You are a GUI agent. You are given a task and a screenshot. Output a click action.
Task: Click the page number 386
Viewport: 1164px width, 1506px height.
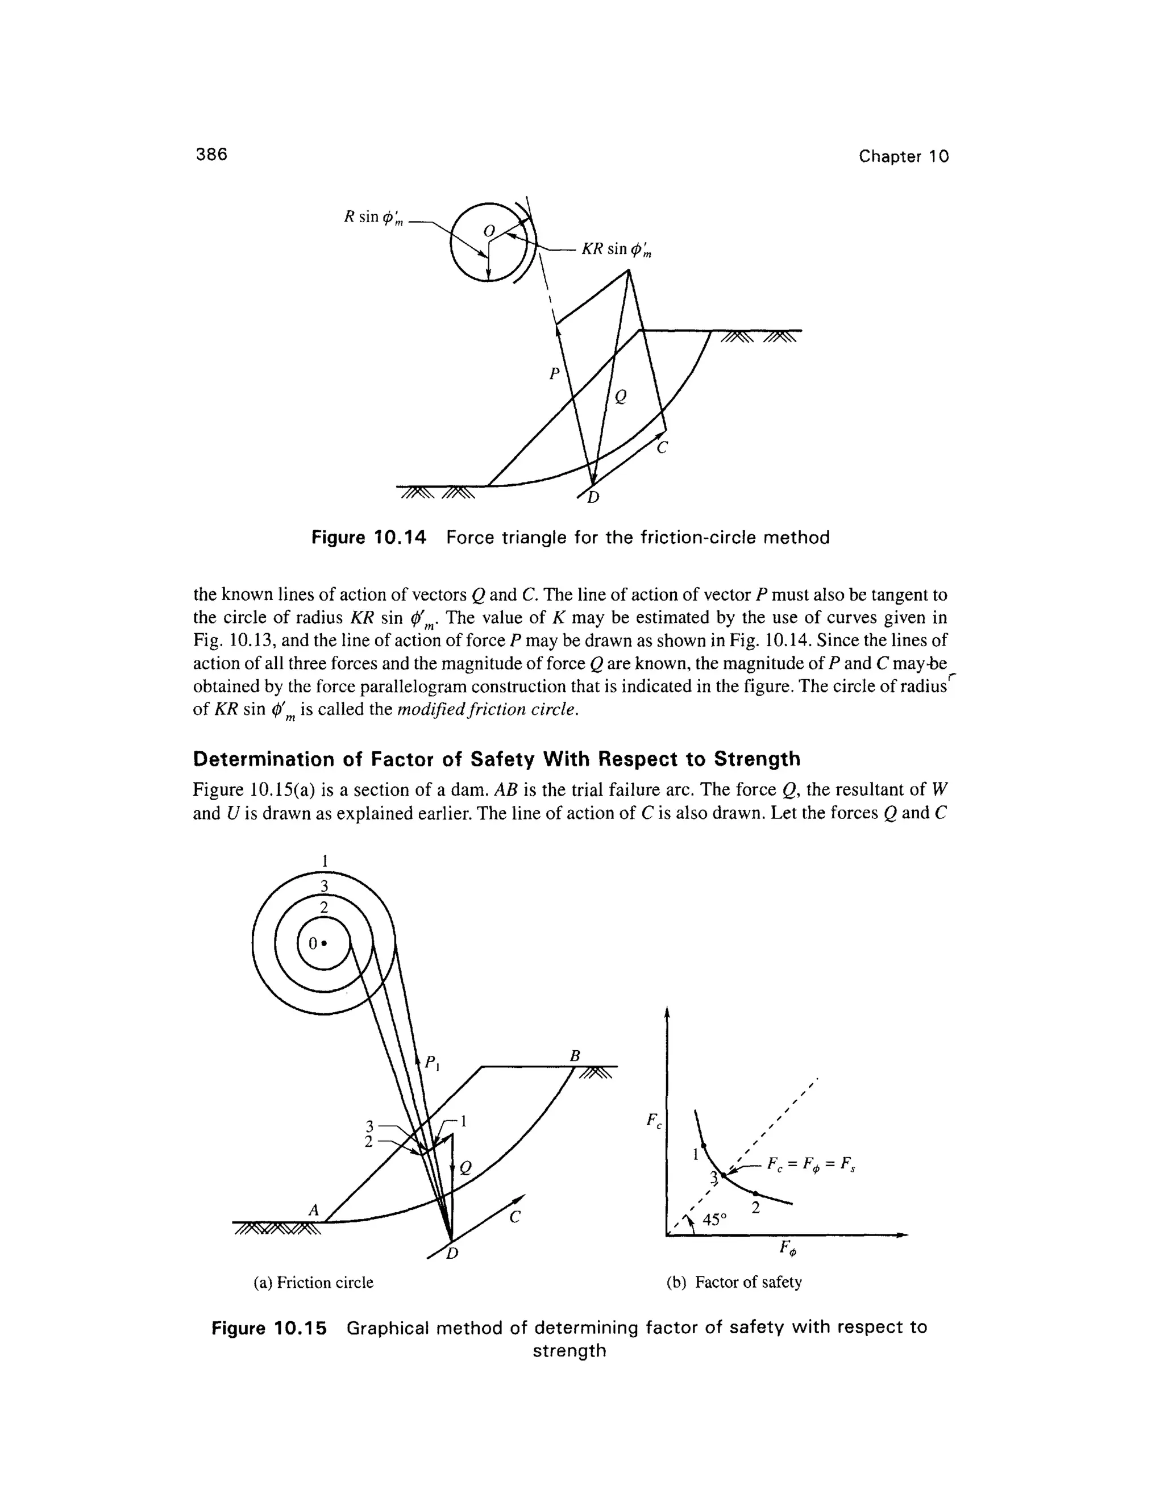coord(211,155)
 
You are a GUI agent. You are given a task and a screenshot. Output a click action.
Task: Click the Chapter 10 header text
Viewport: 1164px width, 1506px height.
coord(903,156)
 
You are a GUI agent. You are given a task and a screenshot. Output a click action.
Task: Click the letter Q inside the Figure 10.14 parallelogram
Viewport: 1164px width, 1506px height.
coord(621,397)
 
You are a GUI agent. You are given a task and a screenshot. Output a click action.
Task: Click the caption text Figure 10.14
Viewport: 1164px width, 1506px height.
coord(369,537)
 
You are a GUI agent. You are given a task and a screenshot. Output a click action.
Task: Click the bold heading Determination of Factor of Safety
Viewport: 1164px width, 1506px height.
coord(497,759)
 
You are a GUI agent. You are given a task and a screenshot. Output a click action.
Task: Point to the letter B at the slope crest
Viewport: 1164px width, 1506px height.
coord(575,1056)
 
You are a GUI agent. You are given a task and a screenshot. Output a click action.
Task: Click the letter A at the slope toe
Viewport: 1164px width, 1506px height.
coord(314,1209)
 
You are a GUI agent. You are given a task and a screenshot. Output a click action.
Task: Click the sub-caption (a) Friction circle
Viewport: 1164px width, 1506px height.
coord(314,1283)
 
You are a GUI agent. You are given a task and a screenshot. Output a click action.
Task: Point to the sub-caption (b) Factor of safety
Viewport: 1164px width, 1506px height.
coord(734,1283)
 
